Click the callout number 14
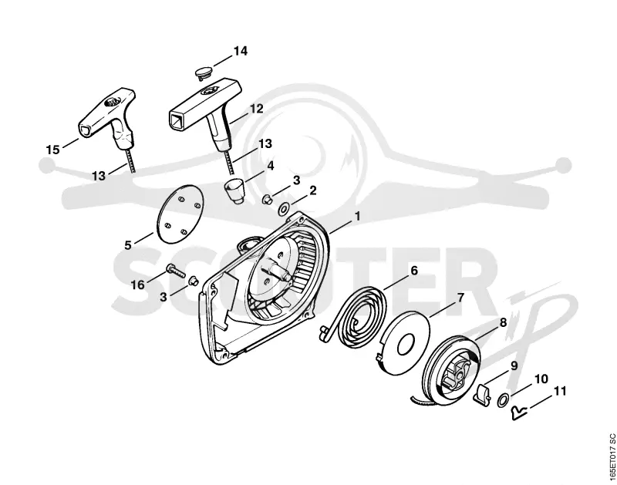coord(241,51)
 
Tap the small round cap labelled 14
coord(203,73)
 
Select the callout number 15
coord(52,150)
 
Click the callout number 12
coord(256,109)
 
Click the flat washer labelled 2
coord(282,207)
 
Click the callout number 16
coord(138,285)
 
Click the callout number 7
coord(460,298)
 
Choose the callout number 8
coord(503,323)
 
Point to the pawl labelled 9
coord(483,395)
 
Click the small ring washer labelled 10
coord(503,401)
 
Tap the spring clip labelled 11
coord(519,413)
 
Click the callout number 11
coord(559,392)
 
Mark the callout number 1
coord(357,217)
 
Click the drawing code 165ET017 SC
coord(611,456)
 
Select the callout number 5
coord(128,245)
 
